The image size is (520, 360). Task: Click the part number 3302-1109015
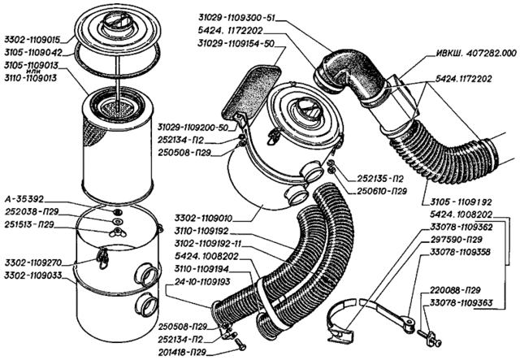(x=33, y=37)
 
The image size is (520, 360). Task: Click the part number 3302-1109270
(x=33, y=262)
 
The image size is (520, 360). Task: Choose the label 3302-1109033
(x=33, y=275)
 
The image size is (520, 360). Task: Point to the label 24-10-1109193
(x=197, y=280)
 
